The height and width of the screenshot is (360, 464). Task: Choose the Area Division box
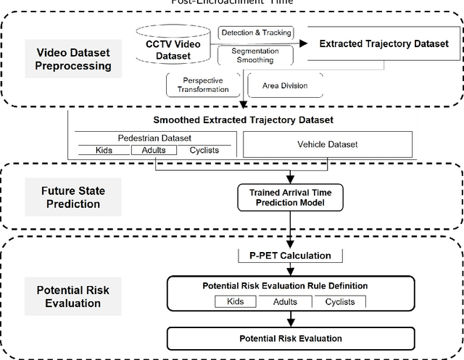(278, 85)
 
